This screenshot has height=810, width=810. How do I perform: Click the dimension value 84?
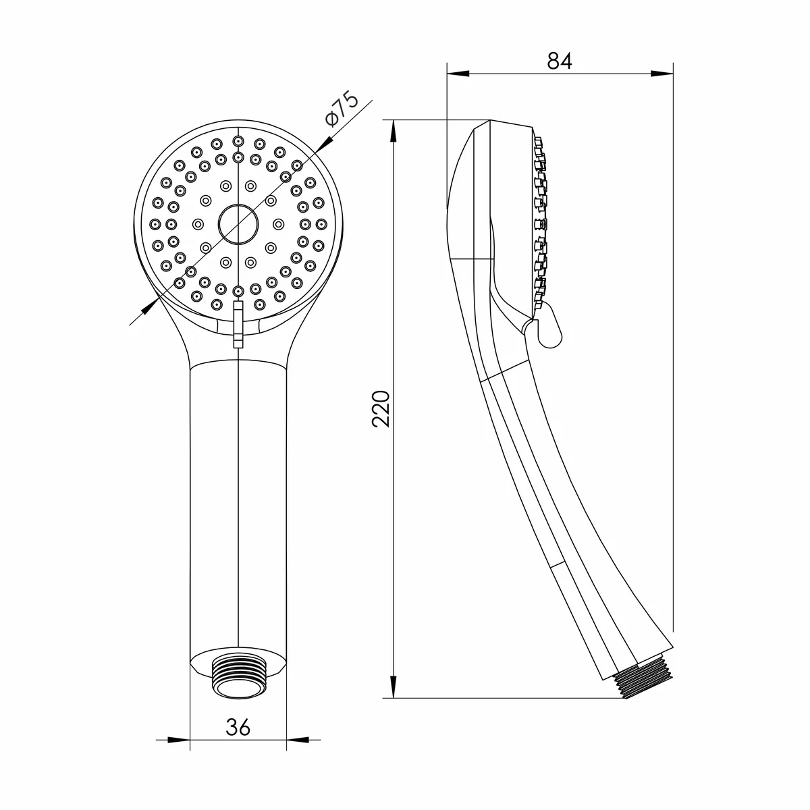coord(560,61)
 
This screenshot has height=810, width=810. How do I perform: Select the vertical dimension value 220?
coord(381,409)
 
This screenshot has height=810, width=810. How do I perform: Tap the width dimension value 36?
coord(238,727)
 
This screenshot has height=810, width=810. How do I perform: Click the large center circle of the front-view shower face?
coord(238,225)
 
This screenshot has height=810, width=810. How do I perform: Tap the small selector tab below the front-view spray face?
coord(238,324)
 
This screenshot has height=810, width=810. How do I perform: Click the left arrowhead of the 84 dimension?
coord(458,73)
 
